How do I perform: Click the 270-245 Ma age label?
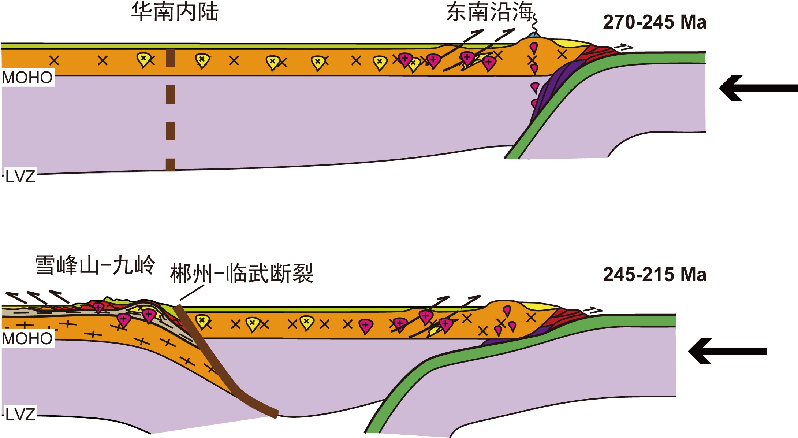pyautogui.click(x=654, y=22)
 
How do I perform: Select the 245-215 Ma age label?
pyautogui.click(x=654, y=274)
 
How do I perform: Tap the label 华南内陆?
pyautogui.click(x=175, y=12)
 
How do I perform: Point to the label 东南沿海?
pyautogui.click(x=489, y=12)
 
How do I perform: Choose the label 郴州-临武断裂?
pyautogui.click(x=242, y=273)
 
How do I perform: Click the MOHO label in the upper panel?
pyautogui.click(x=27, y=78)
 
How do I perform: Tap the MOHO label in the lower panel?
pyautogui.click(x=27, y=339)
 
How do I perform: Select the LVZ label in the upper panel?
pyautogui.click(x=20, y=177)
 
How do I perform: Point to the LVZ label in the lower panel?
pyautogui.click(x=20, y=415)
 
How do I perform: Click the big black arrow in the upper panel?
pyautogui.click(x=758, y=88)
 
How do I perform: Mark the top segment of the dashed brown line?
pyautogui.click(x=170, y=58)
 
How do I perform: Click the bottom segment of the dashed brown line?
pyautogui.click(x=170, y=164)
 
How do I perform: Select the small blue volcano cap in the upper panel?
pyautogui.click(x=534, y=36)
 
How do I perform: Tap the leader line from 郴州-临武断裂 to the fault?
pyautogui.click(x=192, y=293)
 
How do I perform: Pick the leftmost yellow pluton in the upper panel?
pyautogui.click(x=143, y=60)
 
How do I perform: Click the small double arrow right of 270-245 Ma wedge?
pyautogui.click(x=623, y=47)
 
